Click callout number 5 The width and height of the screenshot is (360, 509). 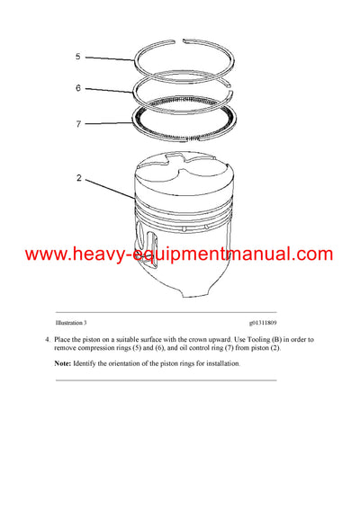(x=77, y=57)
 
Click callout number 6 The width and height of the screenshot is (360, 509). (x=77, y=88)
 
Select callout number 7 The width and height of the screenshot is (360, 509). (x=77, y=124)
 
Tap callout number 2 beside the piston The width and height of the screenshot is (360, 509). (x=78, y=178)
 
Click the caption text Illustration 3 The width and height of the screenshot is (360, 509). (x=71, y=321)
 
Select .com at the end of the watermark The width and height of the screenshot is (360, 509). (x=311, y=254)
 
